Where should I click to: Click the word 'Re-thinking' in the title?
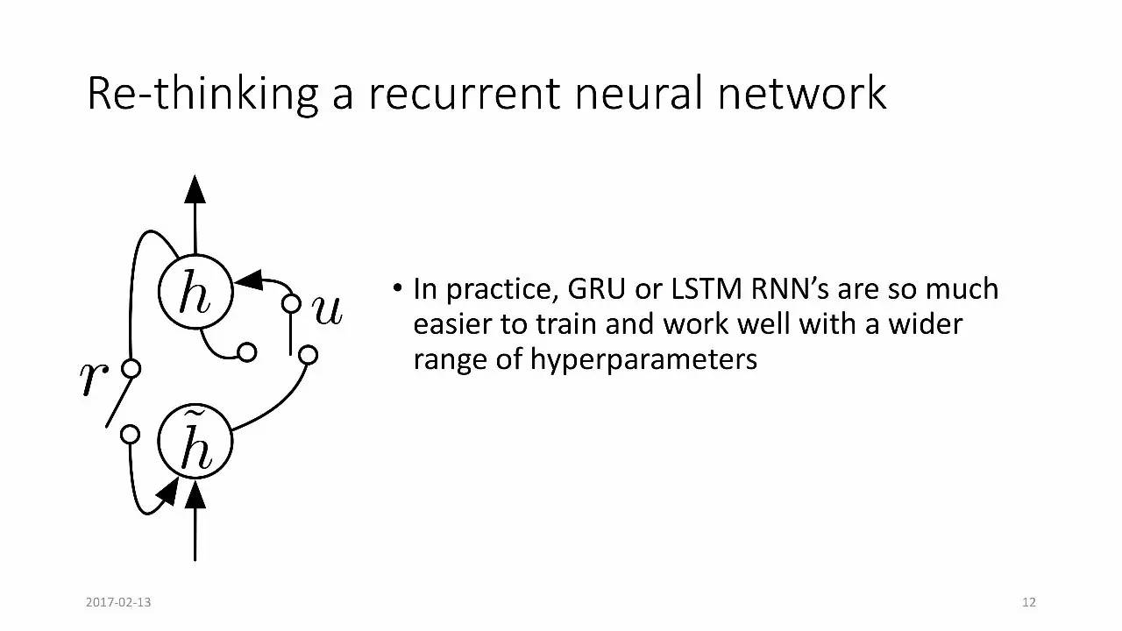202,94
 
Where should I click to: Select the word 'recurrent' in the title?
464,94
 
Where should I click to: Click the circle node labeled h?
195,293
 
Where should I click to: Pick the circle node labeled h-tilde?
195,443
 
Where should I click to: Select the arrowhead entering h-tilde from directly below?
195,496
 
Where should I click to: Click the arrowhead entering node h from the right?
249,280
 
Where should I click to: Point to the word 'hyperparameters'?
643,359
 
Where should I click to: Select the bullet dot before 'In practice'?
398,287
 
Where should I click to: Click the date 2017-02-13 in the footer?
118,602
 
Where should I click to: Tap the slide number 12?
1029,602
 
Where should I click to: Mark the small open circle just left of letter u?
291,304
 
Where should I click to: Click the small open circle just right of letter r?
131,369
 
